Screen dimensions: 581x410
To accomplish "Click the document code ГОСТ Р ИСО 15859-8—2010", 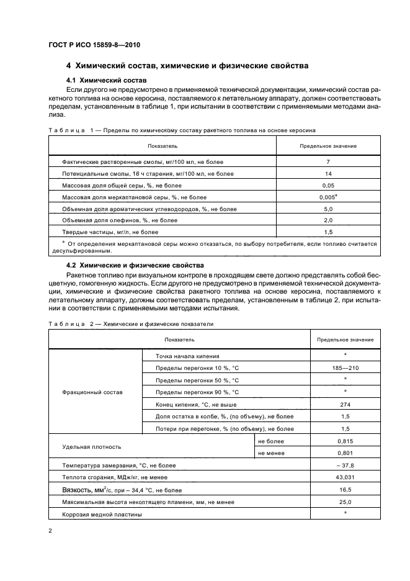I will pos(88,45).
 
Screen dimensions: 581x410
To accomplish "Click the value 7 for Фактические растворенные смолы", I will pos(328,161).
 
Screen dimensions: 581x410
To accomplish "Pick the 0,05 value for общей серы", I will pos(328,185).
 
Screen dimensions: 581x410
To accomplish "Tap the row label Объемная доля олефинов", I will pos(111,220).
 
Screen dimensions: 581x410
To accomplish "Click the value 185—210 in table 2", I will pos(345,368).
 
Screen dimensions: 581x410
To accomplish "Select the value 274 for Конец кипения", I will pos(345,404).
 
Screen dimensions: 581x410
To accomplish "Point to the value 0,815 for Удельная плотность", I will pos(345,441).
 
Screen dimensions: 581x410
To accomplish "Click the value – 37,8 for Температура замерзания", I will pos(345,465).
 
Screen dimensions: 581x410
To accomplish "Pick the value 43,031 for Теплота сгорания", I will pos(345,477).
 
